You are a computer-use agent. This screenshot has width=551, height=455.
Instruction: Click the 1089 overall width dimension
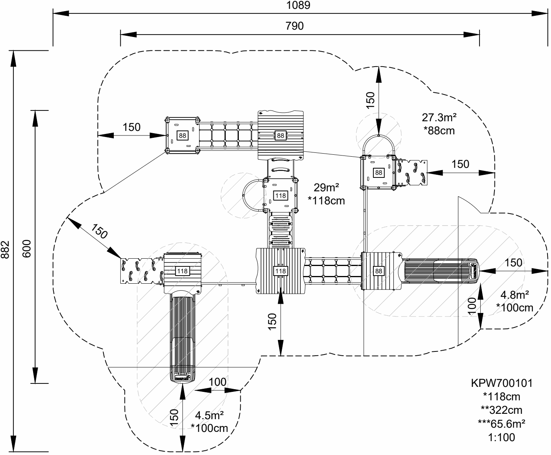[298, 5]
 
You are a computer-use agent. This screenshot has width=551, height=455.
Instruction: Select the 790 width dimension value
[295, 26]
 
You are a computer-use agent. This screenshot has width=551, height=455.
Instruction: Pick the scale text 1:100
[501, 437]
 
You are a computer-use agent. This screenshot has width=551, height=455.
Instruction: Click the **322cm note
[501, 410]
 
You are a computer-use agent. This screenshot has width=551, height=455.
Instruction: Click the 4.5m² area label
[210, 415]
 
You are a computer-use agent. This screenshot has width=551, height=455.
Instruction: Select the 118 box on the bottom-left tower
[182, 271]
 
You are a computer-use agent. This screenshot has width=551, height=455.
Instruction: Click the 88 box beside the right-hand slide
[379, 271]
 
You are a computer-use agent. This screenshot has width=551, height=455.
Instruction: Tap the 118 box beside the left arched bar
[281, 196]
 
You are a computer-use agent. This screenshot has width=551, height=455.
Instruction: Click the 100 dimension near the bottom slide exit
[218, 382]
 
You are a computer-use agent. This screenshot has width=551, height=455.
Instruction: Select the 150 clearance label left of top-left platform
[132, 127]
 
